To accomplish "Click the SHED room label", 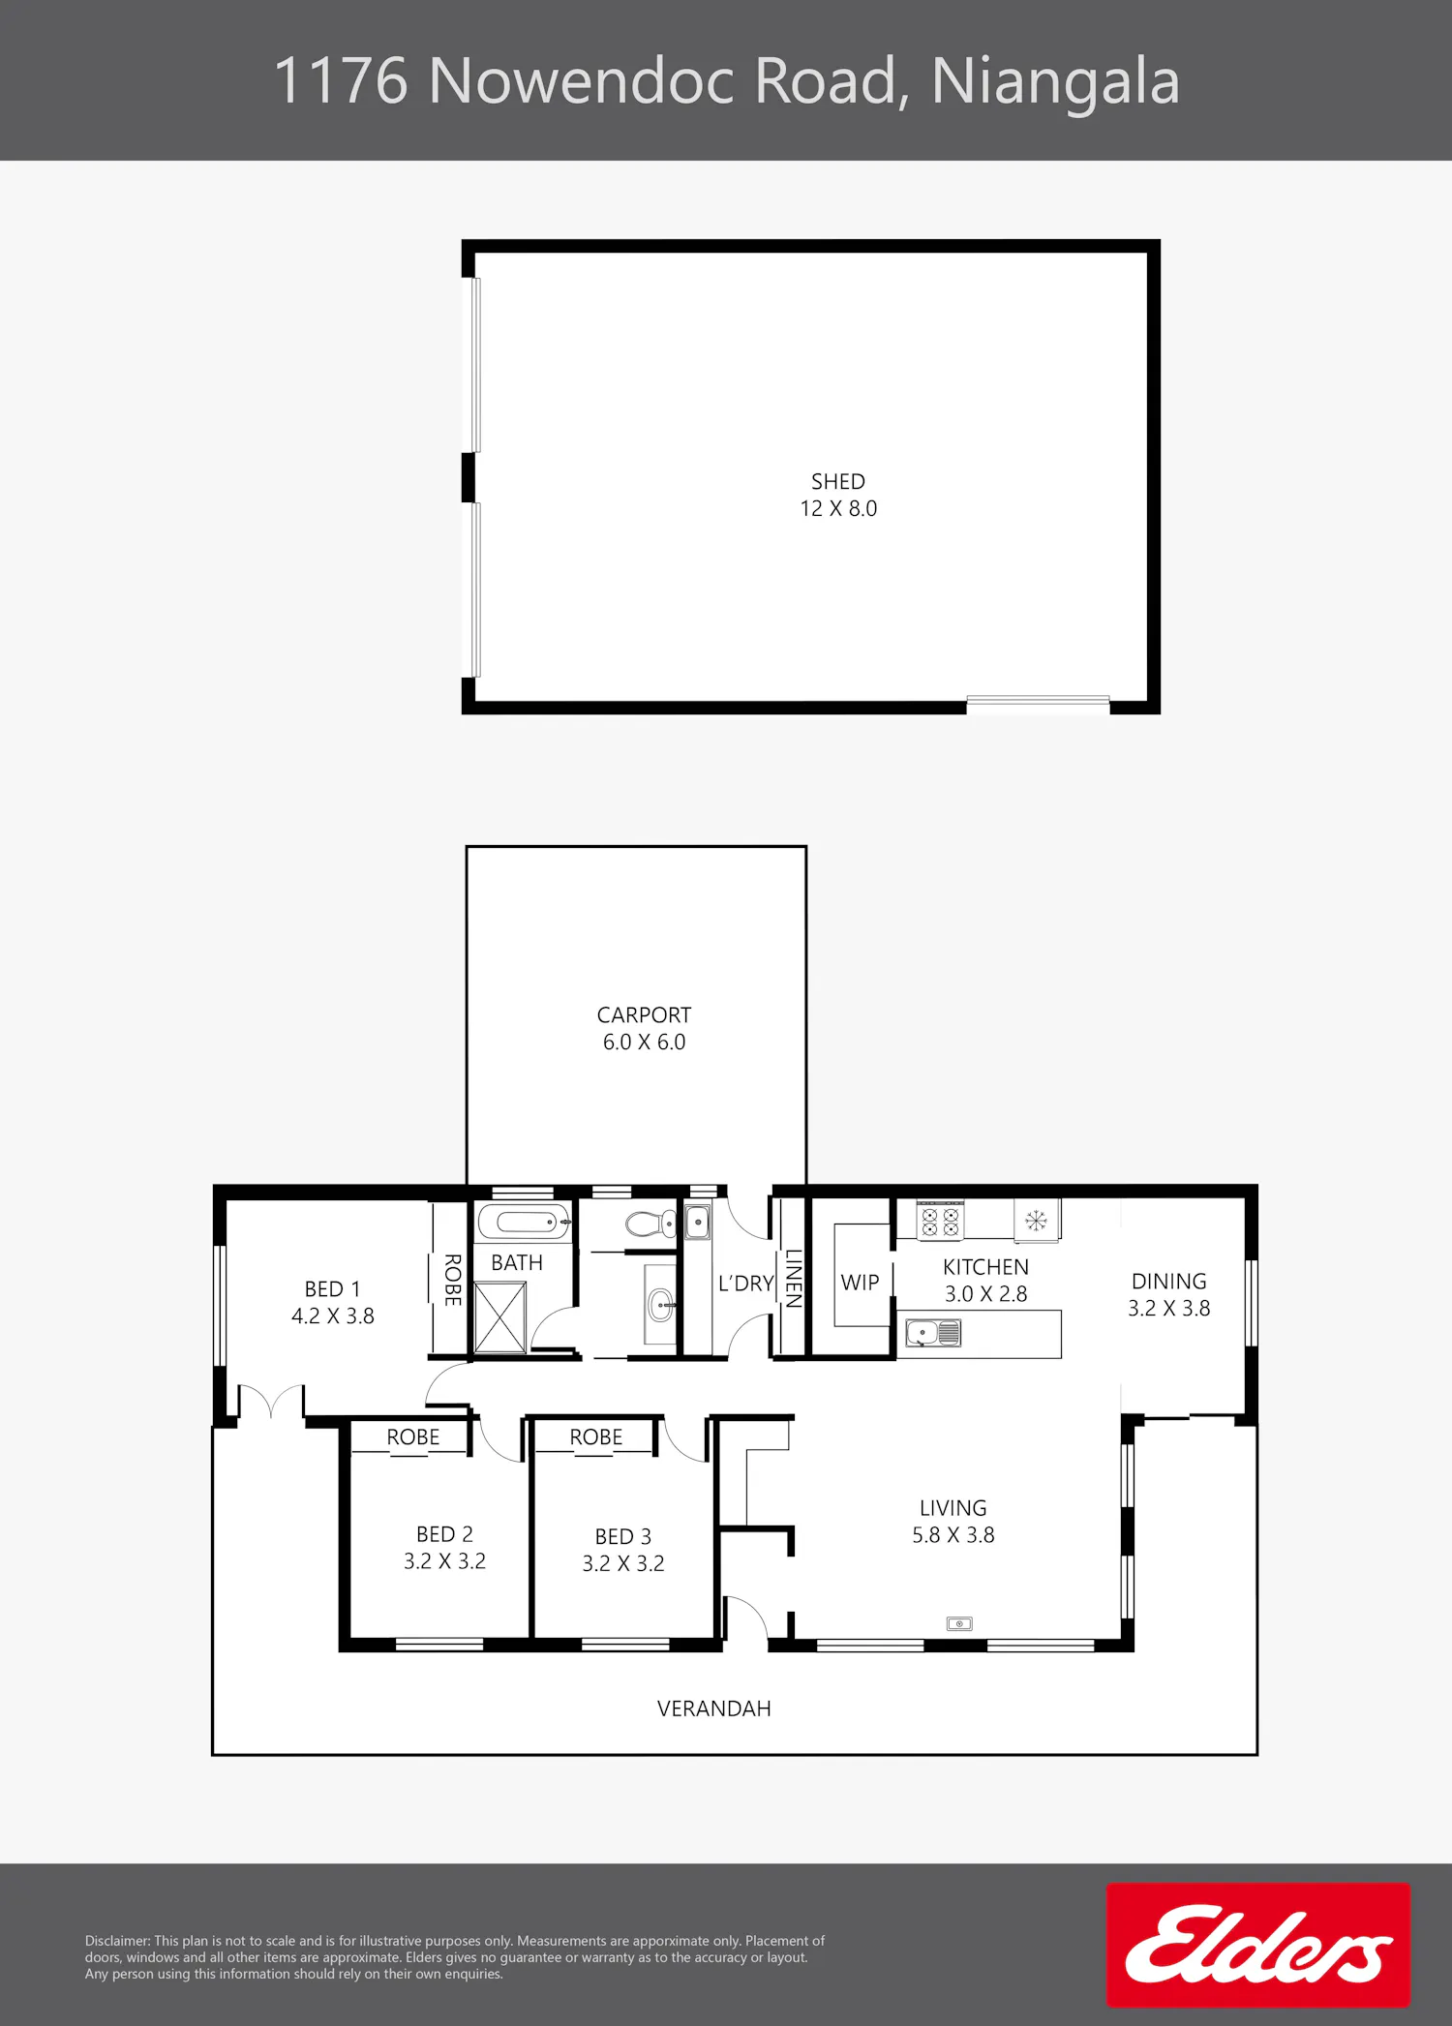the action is pyautogui.click(x=838, y=482).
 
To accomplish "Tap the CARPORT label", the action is pyautogui.click(x=644, y=1015).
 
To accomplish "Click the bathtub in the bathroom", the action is pyautogui.click(x=523, y=1222).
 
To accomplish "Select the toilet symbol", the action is pyautogui.click(x=651, y=1224).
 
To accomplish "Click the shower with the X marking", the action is pyautogui.click(x=500, y=1317).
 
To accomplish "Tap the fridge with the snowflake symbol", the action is pyautogui.click(x=1037, y=1220).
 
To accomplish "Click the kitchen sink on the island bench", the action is pyautogui.click(x=933, y=1333).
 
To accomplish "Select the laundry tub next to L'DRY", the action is pyautogui.click(x=697, y=1223).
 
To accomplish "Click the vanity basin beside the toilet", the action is pyautogui.click(x=661, y=1304).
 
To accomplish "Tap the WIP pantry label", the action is pyautogui.click(x=860, y=1283).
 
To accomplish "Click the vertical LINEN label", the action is pyautogui.click(x=794, y=1279).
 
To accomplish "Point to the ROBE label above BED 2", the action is pyautogui.click(x=413, y=1437).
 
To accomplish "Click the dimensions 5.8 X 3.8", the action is pyautogui.click(x=953, y=1535).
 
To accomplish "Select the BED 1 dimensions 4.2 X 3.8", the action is pyautogui.click(x=333, y=1316).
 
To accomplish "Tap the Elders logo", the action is pyautogui.click(x=1258, y=1944).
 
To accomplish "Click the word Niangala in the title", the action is pyautogui.click(x=1055, y=81).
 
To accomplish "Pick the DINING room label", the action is pyautogui.click(x=1169, y=1282).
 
